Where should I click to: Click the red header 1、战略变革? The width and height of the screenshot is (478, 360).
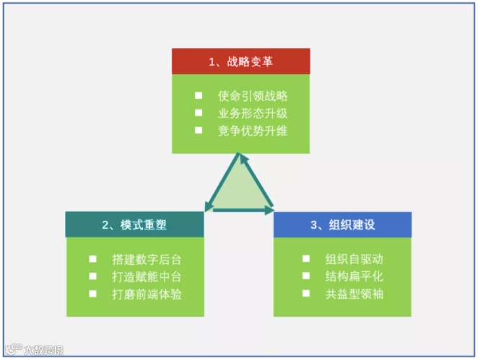point(240,61)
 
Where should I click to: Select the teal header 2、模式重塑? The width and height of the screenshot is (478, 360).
point(134,224)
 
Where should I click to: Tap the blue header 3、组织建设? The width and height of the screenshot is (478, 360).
point(342,224)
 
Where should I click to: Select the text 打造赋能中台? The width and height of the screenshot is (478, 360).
point(147,276)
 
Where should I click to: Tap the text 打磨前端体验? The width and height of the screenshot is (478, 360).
point(147,294)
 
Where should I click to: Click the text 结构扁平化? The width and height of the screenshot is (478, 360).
point(354,276)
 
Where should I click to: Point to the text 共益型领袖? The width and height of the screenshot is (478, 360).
point(354,294)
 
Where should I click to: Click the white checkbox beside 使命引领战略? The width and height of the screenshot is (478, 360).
point(199,95)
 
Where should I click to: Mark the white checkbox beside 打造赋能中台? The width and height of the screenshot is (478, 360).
point(92,276)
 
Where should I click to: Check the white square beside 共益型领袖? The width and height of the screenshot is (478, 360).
point(306,294)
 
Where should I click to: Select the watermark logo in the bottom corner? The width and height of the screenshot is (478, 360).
point(32,350)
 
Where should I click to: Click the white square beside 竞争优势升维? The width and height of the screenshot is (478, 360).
point(199,131)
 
